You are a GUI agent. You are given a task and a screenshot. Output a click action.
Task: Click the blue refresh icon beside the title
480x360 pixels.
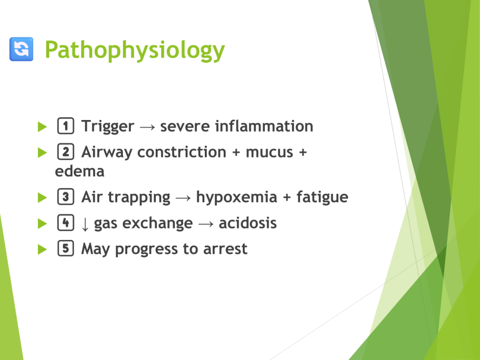coord(21,49)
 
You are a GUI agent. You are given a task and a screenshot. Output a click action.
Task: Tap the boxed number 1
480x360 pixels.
coord(66,126)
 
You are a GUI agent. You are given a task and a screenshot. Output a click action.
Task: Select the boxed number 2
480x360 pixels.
coord(66,151)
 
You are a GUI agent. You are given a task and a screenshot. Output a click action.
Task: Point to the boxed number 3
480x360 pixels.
coord(66,196)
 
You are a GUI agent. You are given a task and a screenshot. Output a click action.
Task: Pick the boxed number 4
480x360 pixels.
coord(66,223)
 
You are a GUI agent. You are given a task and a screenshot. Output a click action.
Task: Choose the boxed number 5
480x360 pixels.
coord(66,248)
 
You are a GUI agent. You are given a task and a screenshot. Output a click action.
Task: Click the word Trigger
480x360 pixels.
coord(107,127)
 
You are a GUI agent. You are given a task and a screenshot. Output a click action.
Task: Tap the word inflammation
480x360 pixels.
coord(264,126)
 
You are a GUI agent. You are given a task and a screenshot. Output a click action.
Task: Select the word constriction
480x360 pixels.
coord(182,152)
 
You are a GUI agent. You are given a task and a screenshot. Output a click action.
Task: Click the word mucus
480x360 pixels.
coord(270,153)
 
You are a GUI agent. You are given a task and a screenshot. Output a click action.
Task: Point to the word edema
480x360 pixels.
coord(80,171)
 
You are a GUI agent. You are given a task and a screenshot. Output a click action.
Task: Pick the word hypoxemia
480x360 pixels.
coord(237,198)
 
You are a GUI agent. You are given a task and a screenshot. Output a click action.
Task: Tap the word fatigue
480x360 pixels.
coord(322,197)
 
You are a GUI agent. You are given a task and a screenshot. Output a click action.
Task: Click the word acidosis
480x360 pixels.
coord(247,223)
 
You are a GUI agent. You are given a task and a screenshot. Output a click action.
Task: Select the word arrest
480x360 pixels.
coord(225,249)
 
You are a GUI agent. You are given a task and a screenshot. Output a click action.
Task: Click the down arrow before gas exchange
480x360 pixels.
coord(85,225)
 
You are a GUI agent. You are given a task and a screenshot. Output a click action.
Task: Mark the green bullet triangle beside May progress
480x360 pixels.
coord(42,249)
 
